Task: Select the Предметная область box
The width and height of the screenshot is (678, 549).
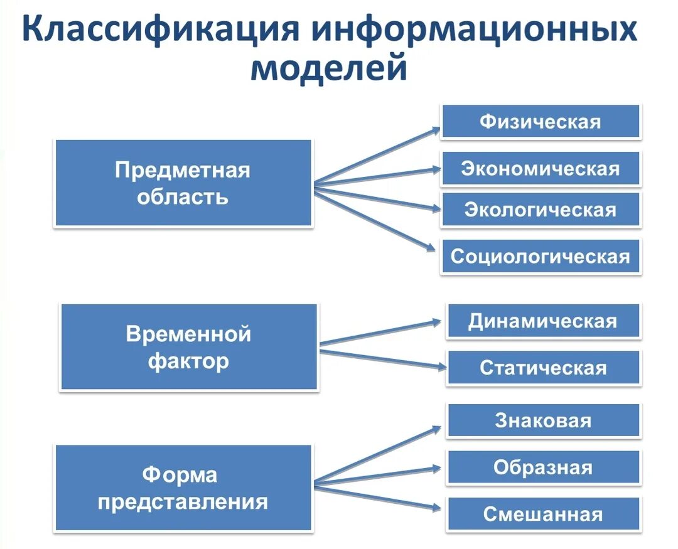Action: [x=183, y=183]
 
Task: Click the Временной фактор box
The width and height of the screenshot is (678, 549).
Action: [x=189, y=347]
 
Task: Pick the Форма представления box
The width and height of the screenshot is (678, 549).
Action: [x=183, y=488]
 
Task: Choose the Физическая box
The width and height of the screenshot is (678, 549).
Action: [x=541, y=122]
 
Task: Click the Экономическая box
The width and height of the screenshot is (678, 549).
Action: [x=541, y=169]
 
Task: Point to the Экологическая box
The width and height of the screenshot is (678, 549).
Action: [x=541, y=210]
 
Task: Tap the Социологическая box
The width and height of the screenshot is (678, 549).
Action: [x=541, y=257]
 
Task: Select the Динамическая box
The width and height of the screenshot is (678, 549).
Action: [x=543, y=321]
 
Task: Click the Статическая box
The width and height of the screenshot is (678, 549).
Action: [x=543, y=368]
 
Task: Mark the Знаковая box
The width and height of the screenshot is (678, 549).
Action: [x=543, y=420]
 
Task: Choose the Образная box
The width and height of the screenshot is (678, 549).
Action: [x=543, y=467]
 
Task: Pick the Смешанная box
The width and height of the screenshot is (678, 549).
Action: [x=543, y=514]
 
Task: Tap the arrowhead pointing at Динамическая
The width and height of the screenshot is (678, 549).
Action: [x=437, y=322]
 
